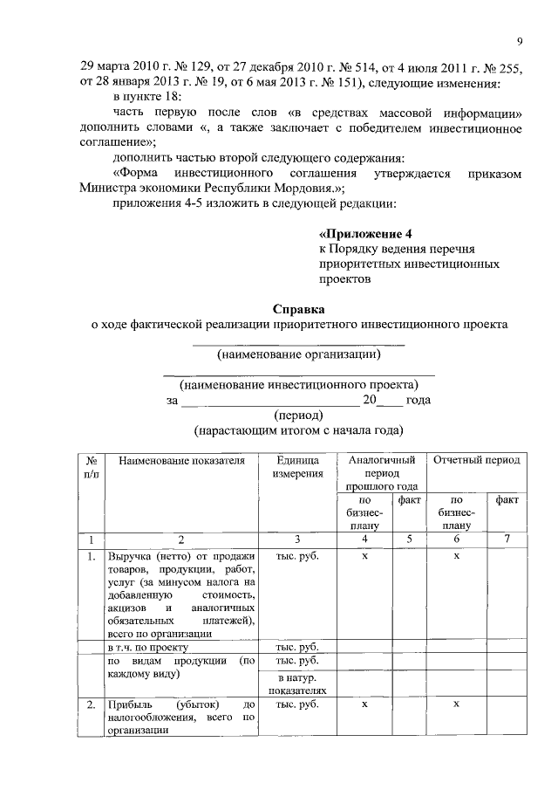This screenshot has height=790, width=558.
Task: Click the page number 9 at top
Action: click(519, 41)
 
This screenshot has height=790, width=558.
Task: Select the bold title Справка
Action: click(298, 308)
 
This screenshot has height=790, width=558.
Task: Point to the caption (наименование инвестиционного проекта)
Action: click(298, 384)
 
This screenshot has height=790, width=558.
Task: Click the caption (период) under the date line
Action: click(298, 416)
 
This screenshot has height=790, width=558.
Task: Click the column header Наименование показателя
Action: click(182, 460)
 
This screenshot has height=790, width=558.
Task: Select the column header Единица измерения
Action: click(297, 466)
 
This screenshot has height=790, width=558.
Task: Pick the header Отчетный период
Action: click(477, 460)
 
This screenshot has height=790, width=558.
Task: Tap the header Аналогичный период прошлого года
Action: click(380, 472)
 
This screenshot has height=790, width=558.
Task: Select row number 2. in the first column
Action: click(91, 704)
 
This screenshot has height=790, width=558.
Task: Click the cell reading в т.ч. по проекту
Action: click(144, 648)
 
